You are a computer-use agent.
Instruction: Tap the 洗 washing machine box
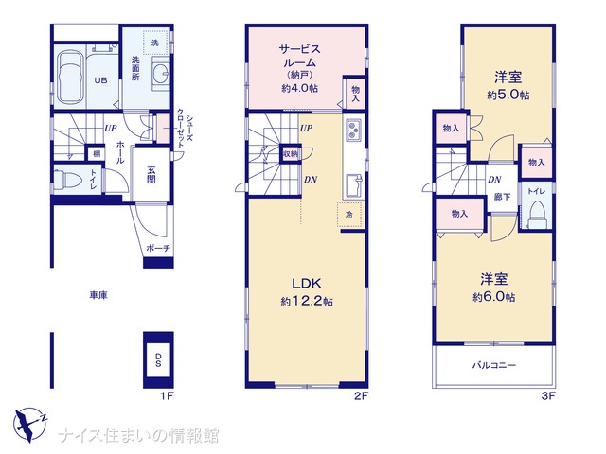pyautogui.click(x=155, y=43)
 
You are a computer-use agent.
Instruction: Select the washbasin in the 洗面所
pyautogui.click(x=160, y=74)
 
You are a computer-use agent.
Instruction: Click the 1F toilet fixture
pyautogui.click(x=66, y=181)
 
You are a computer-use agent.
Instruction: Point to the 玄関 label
pyautogui.click(x=151, y=174)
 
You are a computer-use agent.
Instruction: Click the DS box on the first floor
pyautogui.click(x=158, y=359)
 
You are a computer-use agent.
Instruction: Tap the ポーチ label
pyautogui.click(x=158, y=248)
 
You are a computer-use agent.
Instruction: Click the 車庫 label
pyautogui.click(x=98, y=295)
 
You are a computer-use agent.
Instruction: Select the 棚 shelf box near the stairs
pyautogui.click(x=97, y=153)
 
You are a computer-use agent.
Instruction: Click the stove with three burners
pyautogui.click(x=353, y=130)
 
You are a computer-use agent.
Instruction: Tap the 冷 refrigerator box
pyautogui.click(x=349, y=215)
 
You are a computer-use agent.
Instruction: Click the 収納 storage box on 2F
pyautogui.click(x=291, y=154)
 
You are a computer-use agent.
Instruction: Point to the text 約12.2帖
pyautogui.click(x=307, y=301)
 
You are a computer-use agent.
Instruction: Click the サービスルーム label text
pyautogui.click(x=300, y=56)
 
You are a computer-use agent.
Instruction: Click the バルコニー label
pyautogui.click(x=494, y=365)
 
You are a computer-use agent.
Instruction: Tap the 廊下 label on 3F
pyautogui.click(x=502, y=197)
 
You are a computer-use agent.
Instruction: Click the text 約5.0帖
pyautogui.click(x=508, y=95)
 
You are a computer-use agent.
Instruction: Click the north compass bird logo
pyautogui.click(x=29, y=424)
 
